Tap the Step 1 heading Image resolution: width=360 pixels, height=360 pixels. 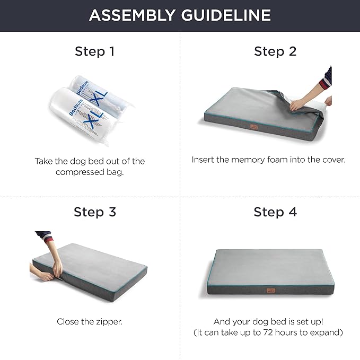point(94,51)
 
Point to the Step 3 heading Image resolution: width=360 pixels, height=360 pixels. point(94,212)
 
